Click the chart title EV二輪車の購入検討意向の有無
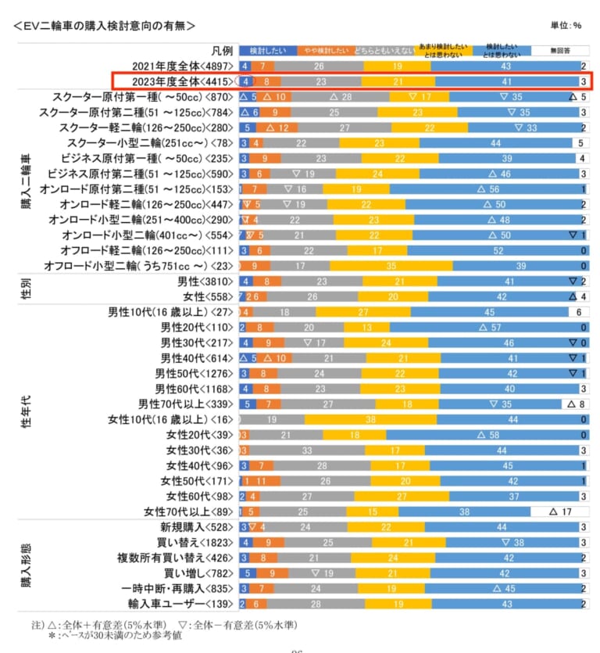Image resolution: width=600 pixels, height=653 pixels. point(105,25)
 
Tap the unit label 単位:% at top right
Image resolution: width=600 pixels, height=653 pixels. point(566,25)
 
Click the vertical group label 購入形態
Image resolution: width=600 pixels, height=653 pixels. point(27,565)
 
